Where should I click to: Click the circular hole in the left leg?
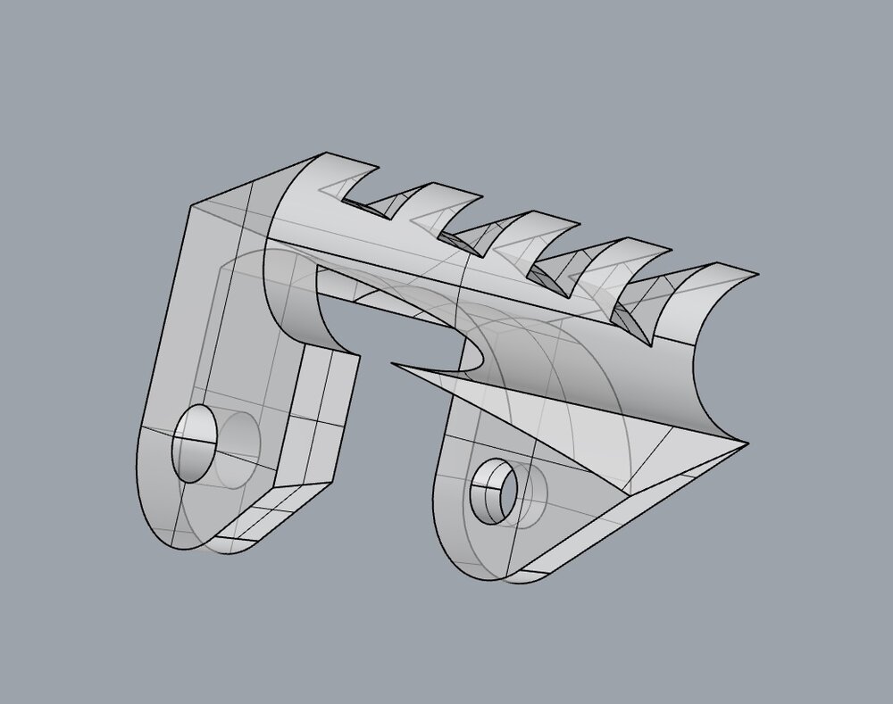[196, 443]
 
